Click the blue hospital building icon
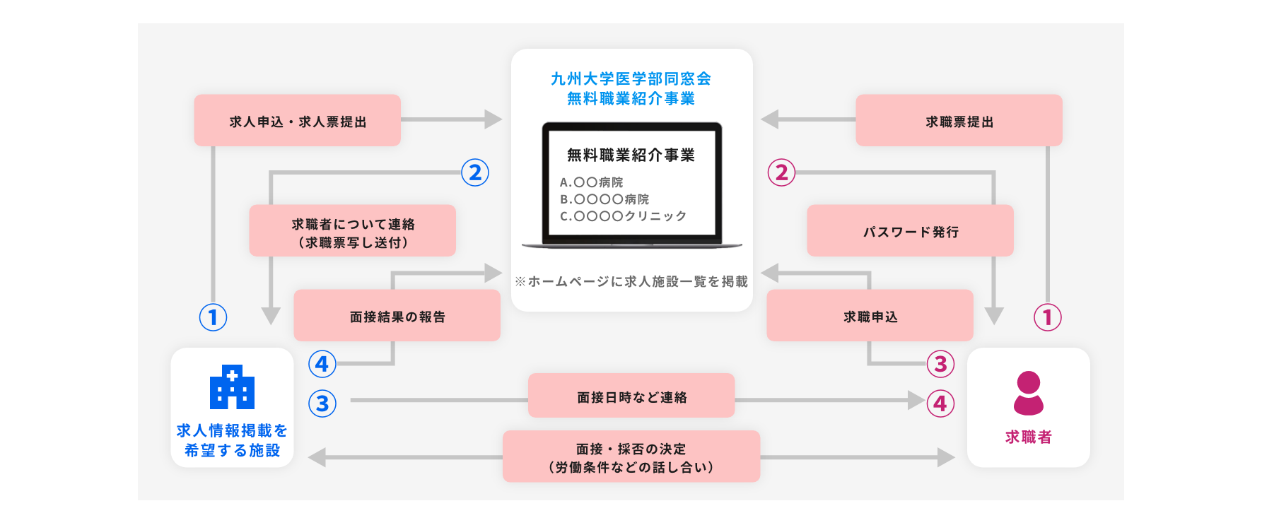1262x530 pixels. (x=232, y=387)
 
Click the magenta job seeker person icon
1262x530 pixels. (x=1028, y=393)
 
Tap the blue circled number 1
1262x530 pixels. (x=213, y=317)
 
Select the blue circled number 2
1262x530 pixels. (x=475, y=172)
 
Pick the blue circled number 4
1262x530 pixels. (x=322, y=364)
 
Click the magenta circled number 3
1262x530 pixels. (x=940, y=364)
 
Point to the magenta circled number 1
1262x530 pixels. (x=1047, y=317)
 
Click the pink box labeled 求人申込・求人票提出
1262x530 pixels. (x=298, y=121)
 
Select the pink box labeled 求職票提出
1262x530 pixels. (x=959, y=121)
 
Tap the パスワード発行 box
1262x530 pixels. (x=910, y=231)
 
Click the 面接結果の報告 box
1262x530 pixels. (x=397, y=316)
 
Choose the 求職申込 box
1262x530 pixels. (x=870, y=316)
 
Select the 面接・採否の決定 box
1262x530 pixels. (x=631, y=457)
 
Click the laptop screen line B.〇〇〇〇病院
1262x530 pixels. (x=604, y=199)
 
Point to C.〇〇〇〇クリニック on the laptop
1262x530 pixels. (x=623, y=216)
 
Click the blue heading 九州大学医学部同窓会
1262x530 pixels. (x=631, y=78)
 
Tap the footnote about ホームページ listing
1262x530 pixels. (x=631, y=281)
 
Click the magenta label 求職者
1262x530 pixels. (x=1028, y=437)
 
